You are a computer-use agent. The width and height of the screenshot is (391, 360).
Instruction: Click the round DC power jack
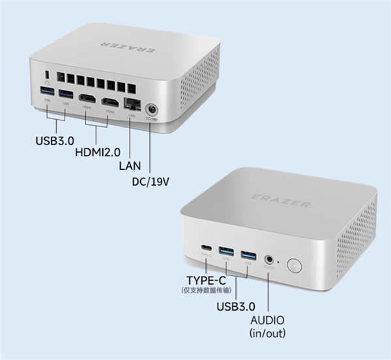point(152,109)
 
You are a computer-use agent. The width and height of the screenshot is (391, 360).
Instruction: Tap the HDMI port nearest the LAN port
point(111,102)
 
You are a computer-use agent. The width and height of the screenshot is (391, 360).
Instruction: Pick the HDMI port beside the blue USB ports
point(86,100)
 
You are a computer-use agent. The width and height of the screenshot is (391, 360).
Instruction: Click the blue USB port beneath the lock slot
point(47,91)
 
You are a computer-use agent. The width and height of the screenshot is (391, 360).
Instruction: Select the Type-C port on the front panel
point(206,247)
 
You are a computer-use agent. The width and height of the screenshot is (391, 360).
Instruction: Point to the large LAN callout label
point(130,165)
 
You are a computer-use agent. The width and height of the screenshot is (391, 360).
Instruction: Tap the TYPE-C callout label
point(207,281)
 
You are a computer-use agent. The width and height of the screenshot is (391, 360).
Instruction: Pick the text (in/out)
point(268,333)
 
